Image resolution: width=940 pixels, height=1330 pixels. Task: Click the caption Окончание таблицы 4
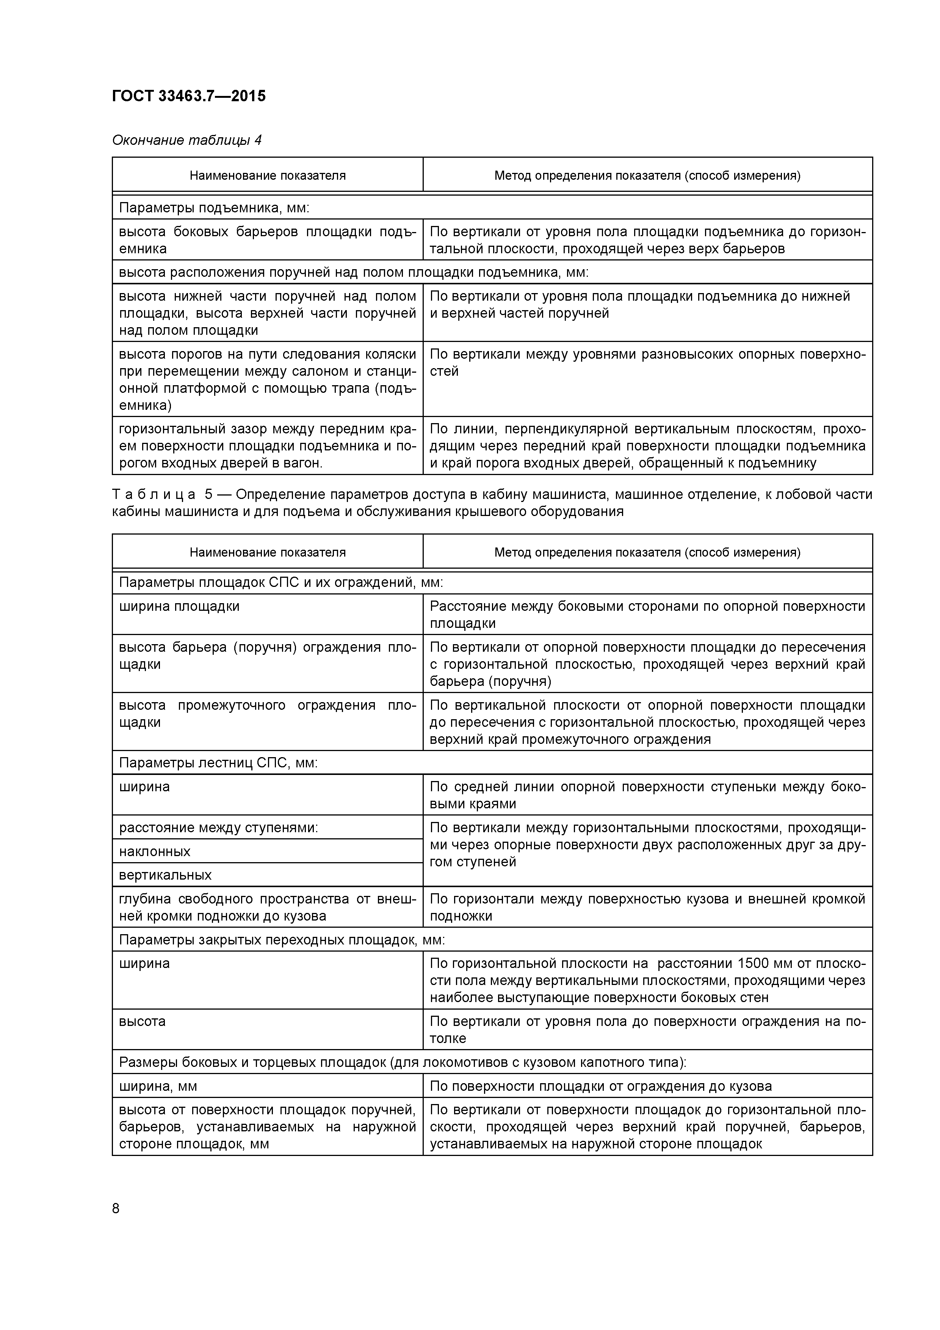coord(186,140)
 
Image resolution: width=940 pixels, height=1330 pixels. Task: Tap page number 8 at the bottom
coord(116,1208)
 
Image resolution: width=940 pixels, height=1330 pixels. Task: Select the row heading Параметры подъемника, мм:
coord(214,208)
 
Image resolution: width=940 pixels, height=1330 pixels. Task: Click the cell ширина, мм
coord(158,1086)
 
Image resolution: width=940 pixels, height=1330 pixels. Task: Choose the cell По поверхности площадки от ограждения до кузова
coord(601,1086)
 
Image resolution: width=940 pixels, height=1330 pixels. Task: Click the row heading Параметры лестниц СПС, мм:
coord(218,763)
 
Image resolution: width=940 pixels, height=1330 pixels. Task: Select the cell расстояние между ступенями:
coord(218,828)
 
